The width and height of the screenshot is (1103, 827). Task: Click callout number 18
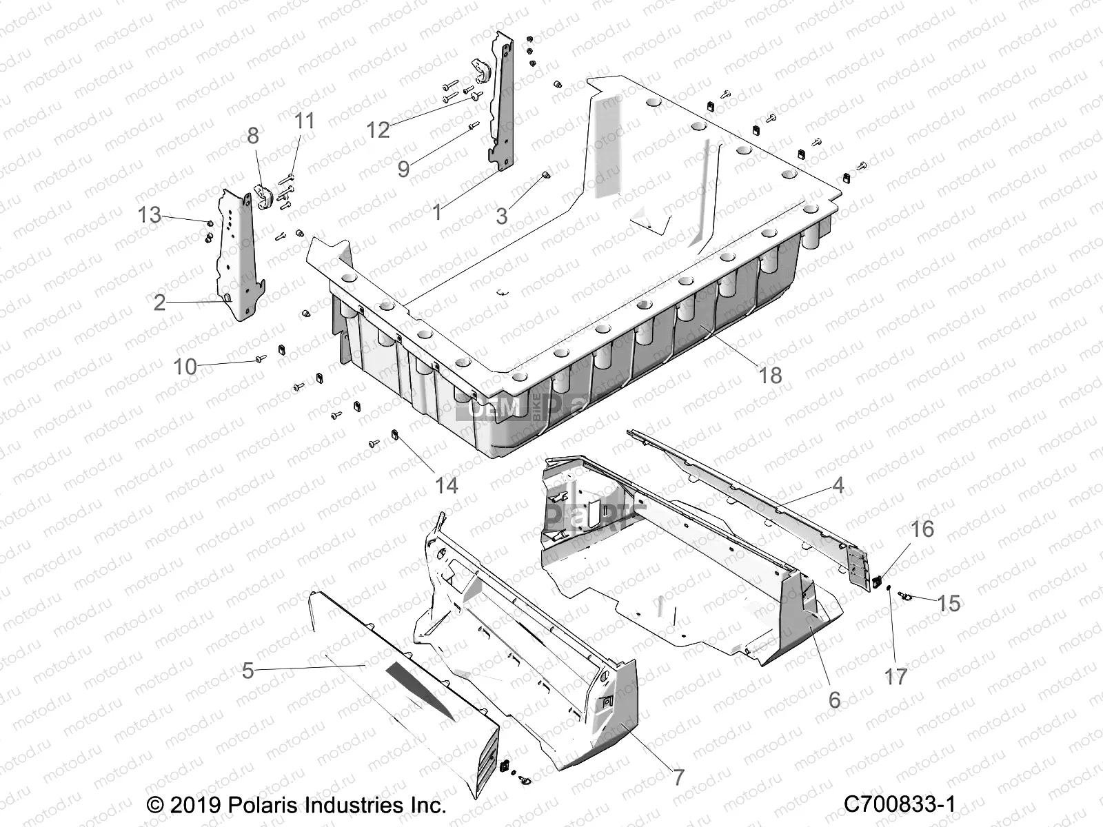[770, 376]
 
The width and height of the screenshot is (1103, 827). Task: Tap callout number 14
[446, 486]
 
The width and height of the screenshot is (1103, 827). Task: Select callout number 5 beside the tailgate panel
[248, 671]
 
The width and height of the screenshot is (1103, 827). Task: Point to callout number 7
[678, 777]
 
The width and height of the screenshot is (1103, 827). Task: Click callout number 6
[834, 700]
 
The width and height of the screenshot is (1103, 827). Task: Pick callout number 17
[895, 677]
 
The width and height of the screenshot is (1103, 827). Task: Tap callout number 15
[949, 603]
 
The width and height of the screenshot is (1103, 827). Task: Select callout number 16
[922, 529]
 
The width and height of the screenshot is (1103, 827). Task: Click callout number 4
[838, 485]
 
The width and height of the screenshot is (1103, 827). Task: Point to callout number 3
[501, 216]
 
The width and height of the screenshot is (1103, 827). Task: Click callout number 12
[378, 129]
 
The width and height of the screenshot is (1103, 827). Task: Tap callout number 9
[403, 169]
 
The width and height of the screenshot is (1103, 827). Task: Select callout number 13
[149, 215]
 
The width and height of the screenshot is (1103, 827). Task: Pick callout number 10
[185, 367]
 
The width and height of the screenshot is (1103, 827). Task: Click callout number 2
[159, 302]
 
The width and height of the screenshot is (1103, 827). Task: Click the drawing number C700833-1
[900, 804]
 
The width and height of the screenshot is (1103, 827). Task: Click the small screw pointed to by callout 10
[261, 358]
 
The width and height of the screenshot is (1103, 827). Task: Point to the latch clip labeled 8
[263, 196]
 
